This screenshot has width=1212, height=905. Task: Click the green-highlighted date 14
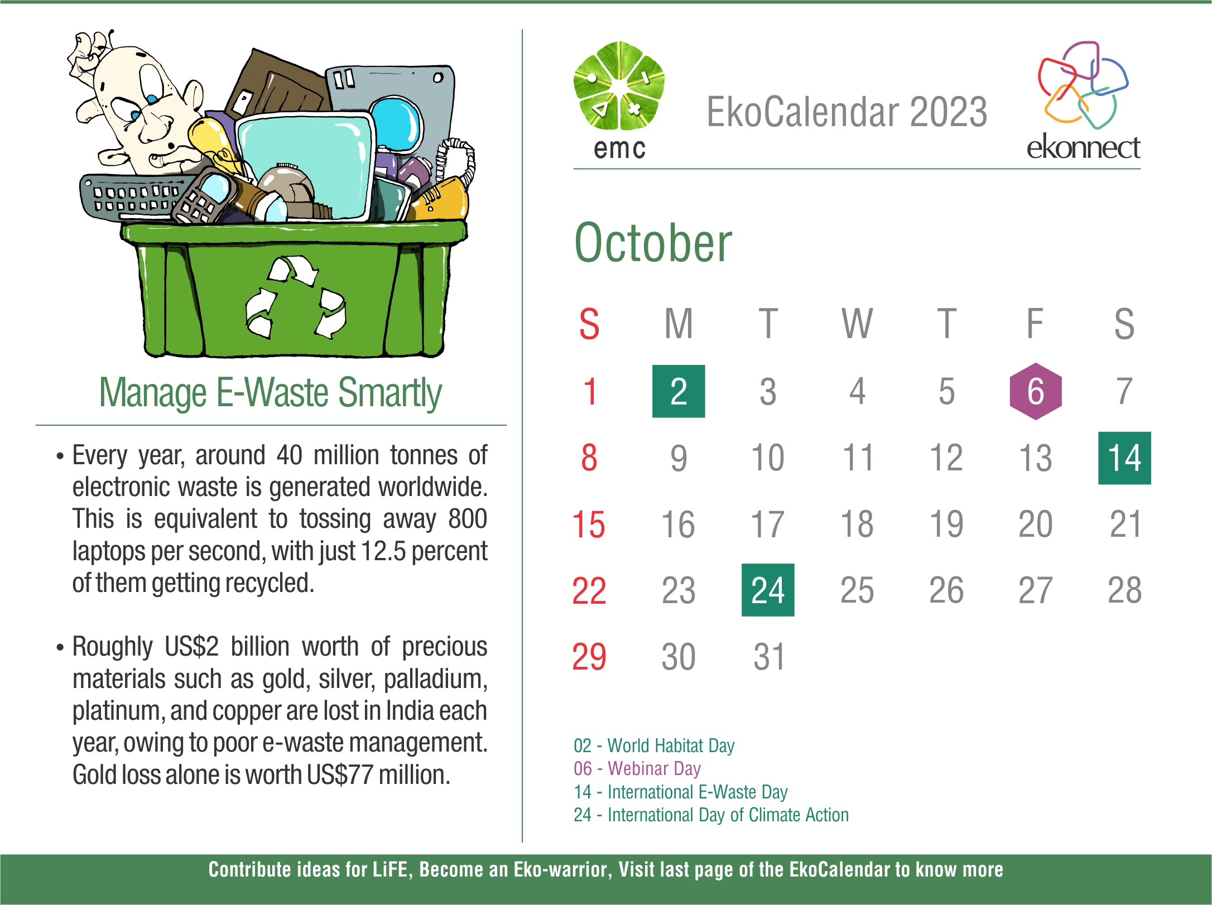tap(1124, 458)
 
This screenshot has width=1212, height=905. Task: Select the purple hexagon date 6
tap(1036, 391)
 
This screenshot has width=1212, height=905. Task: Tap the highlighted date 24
tap(768, 590)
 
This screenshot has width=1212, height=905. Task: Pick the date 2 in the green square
tap(679, 391)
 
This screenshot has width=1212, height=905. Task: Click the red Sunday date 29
tap(589, 657)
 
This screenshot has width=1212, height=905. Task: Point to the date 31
tap(769, 657)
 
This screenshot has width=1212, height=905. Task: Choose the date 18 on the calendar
tap(857, 524)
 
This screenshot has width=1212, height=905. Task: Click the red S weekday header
tap(589, 324)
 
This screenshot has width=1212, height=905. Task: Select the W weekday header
tap(857, 324)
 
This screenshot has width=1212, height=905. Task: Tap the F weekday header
tap(1035, 324)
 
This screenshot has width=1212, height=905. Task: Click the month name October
tap(653, 243)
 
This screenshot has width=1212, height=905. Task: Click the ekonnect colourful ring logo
tap(1083, 84)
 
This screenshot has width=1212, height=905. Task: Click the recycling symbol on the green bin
tap(296, 297)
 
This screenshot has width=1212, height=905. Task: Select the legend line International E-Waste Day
tap(681, 792)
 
